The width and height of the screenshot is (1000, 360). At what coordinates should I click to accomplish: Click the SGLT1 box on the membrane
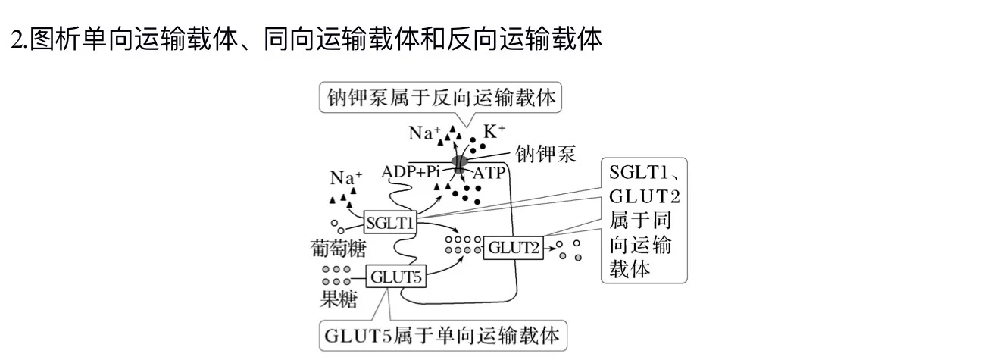389,223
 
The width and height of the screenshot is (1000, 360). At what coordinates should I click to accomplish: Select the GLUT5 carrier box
395,277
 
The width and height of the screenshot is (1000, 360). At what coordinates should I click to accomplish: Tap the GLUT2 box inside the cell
513,247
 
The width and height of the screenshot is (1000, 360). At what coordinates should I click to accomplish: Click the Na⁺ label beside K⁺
424,133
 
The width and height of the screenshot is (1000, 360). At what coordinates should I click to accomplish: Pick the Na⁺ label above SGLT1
346,178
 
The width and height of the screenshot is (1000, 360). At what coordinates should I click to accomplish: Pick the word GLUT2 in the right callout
645,196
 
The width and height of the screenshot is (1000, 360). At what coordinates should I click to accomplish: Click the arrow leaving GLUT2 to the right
552,247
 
